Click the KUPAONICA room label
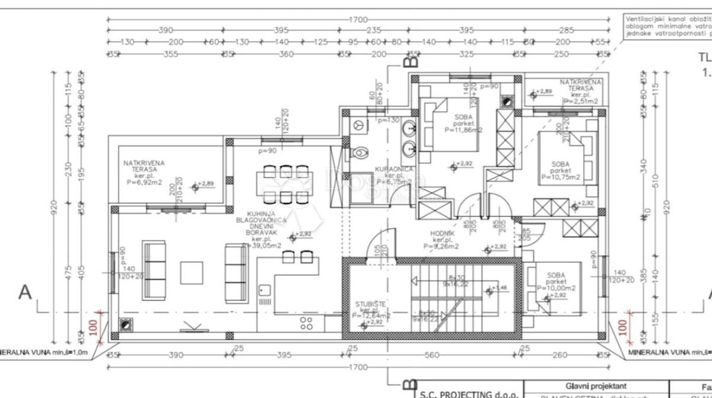[x=390, y=170]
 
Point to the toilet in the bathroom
[x=358, y=152]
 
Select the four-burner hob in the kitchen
[x=307, y=322]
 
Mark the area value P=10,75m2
[x=560, y=177]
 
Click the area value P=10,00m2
[x=556, y=288]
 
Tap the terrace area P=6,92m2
[x=144, y=182]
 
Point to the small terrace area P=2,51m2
[x=581, y=101]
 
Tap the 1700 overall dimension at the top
[x=358, y=20]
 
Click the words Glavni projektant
[x=596, y=386]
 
